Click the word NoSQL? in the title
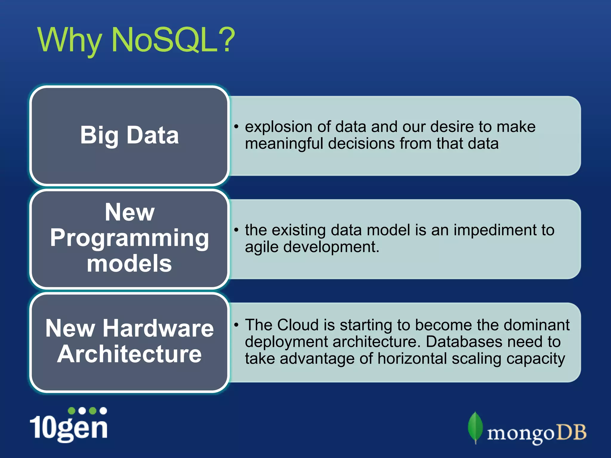(173, 40)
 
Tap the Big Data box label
(129, 135)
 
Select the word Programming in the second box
(129, 238)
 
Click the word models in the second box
(129, 264)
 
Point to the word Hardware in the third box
(158, 328)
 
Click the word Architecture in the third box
(129, 354)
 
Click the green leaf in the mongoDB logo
(475, 427)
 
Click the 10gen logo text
(69, 428)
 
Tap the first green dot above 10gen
(72, 411)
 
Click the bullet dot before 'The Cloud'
(236, 325)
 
